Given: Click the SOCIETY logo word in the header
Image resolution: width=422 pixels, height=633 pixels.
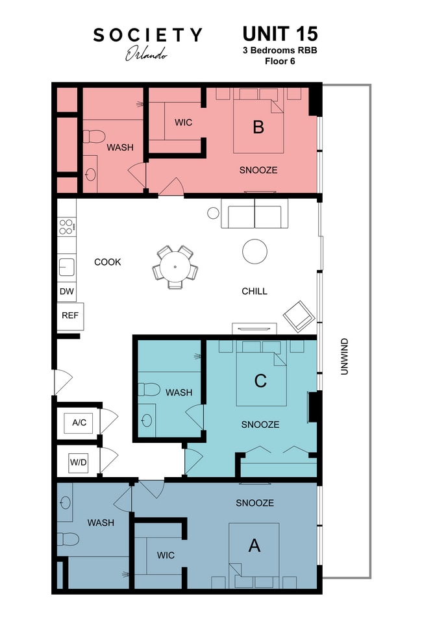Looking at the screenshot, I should (147, 35).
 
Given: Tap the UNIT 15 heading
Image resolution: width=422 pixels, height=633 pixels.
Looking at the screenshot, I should (280, 34).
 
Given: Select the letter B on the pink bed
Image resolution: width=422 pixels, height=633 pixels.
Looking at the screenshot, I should (258, 127).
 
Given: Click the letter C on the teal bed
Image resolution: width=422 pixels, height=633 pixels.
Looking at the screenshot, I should (260, 381).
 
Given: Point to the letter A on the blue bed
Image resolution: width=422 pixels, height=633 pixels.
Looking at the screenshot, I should (254, 546).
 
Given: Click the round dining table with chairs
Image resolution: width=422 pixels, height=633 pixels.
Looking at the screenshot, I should (175, 266).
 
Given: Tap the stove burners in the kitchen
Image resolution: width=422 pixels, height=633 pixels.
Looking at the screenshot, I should (66, 227).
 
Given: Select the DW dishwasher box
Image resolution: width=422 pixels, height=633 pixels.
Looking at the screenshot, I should (66, 292).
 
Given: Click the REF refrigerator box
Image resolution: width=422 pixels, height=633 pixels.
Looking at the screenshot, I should (69, 316).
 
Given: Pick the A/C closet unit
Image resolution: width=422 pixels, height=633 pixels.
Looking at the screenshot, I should (79, 423).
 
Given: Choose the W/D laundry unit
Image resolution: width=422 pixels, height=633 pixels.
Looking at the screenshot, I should (79, 462).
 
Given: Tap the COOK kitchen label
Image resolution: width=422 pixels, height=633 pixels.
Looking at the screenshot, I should (108, 262).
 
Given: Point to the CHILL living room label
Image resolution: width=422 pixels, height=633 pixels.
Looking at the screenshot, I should (254, 292).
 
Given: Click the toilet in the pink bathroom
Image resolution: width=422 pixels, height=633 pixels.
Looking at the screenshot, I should (94, 137).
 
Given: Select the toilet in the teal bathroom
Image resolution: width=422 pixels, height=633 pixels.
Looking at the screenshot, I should (149, 390).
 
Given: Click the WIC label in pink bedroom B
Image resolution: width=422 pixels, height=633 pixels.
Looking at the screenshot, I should (183, 123).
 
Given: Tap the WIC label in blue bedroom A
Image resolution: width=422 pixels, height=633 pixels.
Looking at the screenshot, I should (166, 555).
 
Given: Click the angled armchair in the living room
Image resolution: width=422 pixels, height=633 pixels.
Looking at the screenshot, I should (299, 316).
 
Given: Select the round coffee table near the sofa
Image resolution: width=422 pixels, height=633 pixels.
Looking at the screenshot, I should (254, 251).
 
